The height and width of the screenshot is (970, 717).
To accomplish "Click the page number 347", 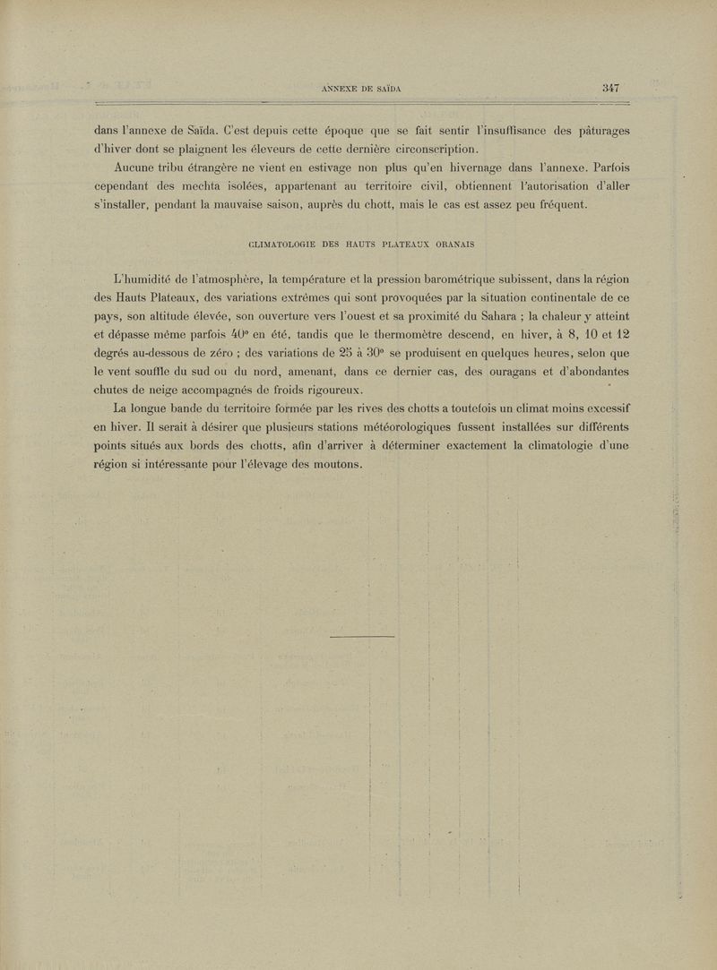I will coord(612,87).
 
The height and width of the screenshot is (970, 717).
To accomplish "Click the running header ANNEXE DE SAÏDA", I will coord(358,88).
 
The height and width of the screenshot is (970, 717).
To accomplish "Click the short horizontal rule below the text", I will coord(363,636).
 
